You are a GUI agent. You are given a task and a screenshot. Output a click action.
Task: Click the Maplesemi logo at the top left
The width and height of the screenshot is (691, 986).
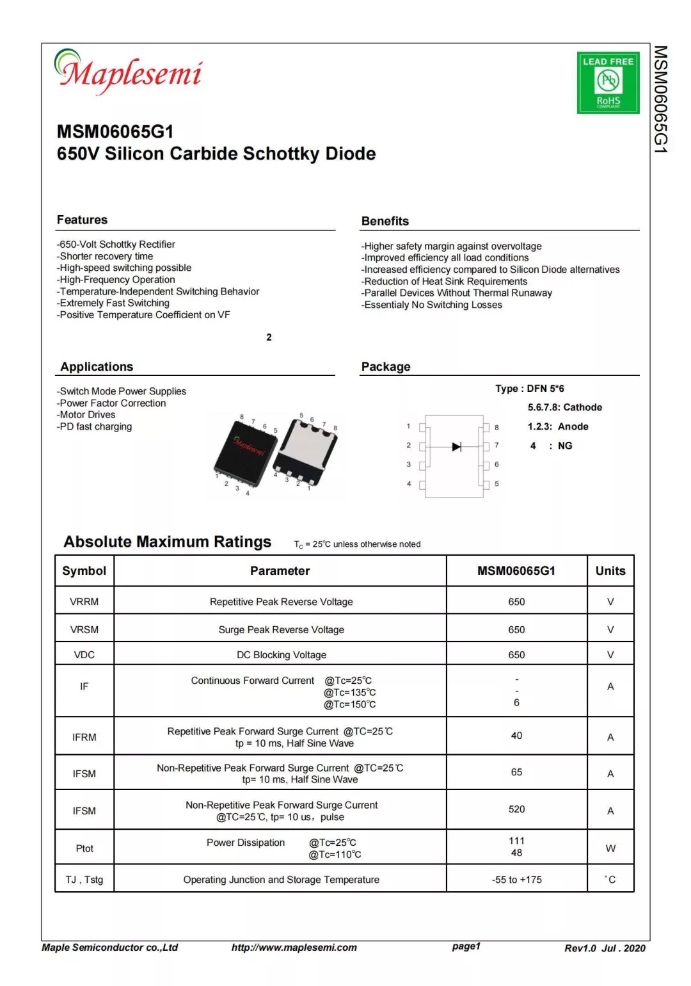coord(129,72)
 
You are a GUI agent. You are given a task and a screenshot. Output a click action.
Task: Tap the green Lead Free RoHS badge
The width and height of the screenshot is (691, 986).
coord(608,83)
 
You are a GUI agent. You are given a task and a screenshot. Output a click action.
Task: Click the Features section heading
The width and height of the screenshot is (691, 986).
coord(82,220)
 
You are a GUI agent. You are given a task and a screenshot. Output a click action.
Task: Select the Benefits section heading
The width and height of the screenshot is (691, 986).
coord(385,221)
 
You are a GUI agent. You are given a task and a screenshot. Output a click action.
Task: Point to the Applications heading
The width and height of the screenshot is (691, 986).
coord(97,367)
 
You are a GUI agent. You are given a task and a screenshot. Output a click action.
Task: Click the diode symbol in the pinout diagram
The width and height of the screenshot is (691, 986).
coord(456,446)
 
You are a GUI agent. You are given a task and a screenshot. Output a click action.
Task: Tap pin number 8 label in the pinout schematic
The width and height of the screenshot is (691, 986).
coord(496,427)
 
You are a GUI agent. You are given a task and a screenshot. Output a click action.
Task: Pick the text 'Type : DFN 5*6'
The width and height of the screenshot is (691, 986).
coord(529,389)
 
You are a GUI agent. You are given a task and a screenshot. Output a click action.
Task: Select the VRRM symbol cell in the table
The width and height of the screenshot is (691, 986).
coord(84,602)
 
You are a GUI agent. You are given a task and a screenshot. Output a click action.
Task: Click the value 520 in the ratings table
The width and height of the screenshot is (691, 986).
coord(516,809)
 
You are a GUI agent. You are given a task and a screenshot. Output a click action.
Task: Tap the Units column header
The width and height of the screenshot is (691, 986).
coord(610,571)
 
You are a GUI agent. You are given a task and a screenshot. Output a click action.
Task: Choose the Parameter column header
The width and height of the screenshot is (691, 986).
coord(280,571)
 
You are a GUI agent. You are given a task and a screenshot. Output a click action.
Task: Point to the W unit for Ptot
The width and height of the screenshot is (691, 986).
coord(610,848)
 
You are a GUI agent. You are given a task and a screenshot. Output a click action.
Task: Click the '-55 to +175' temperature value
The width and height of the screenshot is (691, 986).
coord(516,880)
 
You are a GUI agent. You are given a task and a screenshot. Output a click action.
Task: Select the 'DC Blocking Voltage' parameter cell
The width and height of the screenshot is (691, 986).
coord(282,655)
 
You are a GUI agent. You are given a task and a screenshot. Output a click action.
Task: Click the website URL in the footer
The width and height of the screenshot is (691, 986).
coord(294,948)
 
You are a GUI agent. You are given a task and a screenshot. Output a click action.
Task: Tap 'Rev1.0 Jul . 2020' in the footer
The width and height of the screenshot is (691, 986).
coord(605,948)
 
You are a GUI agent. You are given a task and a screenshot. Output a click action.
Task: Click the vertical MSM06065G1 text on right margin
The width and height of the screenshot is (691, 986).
coord(661,99)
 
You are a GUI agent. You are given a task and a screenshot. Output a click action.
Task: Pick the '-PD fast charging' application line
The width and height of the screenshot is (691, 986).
coord(95,426)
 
